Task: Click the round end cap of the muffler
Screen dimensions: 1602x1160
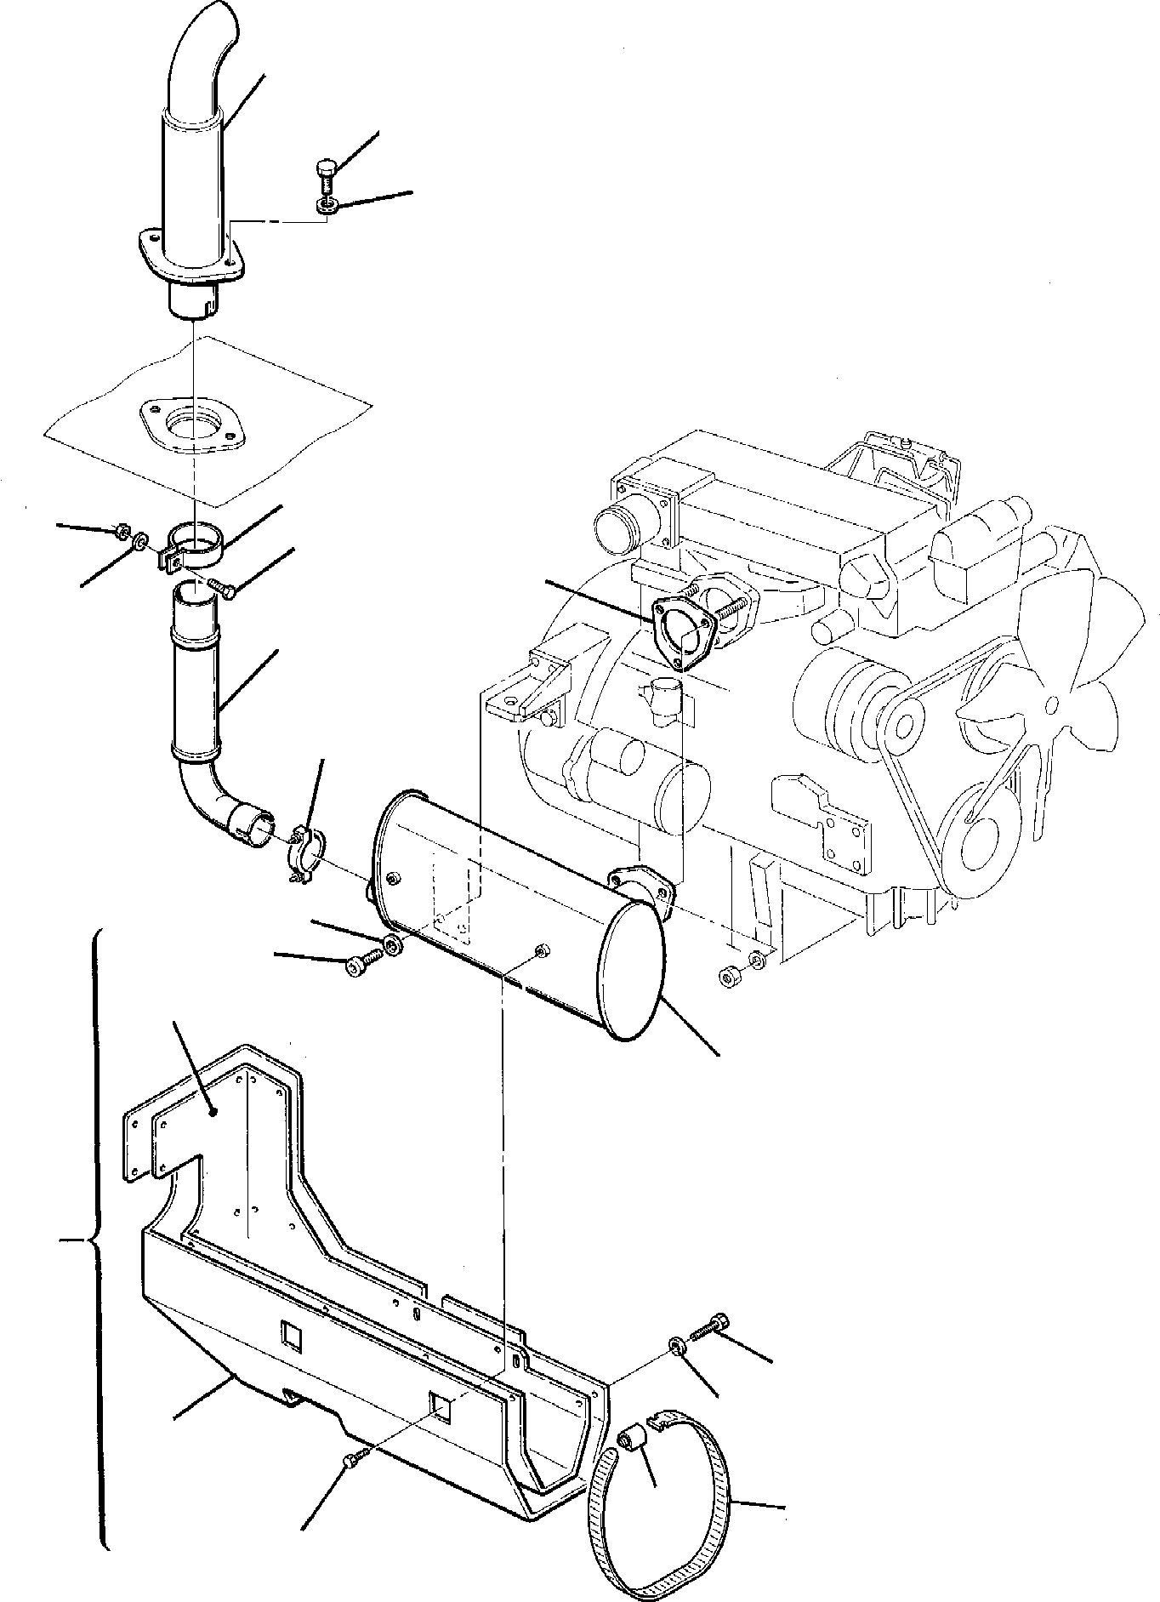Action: pyautogui.click(x=633, y=971)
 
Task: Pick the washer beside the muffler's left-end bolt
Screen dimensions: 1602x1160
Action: pyautogui.click(x=392, y=944)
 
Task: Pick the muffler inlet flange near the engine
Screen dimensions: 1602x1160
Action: pyautogui.click(x=642, y=885)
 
